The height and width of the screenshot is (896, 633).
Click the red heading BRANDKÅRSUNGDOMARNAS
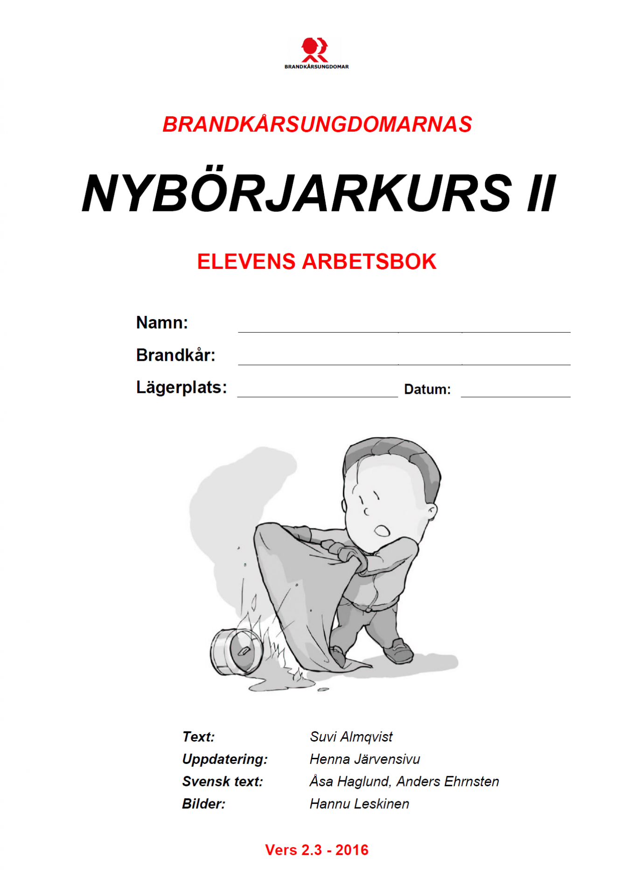(317, 125)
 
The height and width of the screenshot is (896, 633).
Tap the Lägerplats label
(181, 387)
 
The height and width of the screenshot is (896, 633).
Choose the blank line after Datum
(515, 392)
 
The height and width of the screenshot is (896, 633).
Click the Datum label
(427, 389)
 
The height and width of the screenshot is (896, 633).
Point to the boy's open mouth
(382, 531)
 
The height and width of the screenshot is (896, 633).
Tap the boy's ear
(431, 512)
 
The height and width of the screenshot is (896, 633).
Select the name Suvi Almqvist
(351, 736)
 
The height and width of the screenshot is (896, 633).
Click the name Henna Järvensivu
(364, 759)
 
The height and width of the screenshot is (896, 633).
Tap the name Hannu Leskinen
(359, 804)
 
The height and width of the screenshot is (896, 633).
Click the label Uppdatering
(224, 759)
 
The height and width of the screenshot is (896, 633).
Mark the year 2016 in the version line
(352, 850)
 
